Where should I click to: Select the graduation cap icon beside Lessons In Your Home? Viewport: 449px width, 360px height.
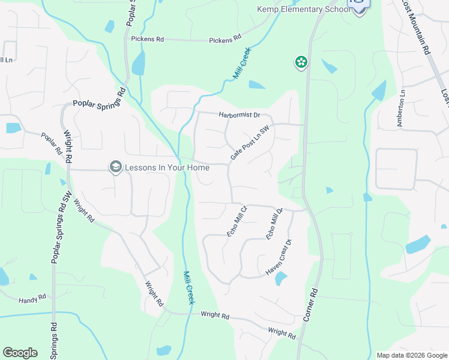tap(116, 167)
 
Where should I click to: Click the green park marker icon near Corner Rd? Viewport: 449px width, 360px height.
tap(301, 62)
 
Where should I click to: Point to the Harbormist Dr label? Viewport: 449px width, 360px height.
tap(239, 115)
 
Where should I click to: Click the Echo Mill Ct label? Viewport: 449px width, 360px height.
tap(237, 221)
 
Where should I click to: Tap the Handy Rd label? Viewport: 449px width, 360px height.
tap(32, 298)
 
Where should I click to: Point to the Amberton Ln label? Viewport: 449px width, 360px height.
tap(401, 107)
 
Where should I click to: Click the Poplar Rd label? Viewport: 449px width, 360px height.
tap(52, 143)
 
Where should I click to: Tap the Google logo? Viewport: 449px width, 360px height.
tap(20, 353)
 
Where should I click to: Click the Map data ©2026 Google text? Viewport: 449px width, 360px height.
tap(411, 355)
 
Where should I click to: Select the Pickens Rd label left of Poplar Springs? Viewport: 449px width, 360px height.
tap(147, 39)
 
